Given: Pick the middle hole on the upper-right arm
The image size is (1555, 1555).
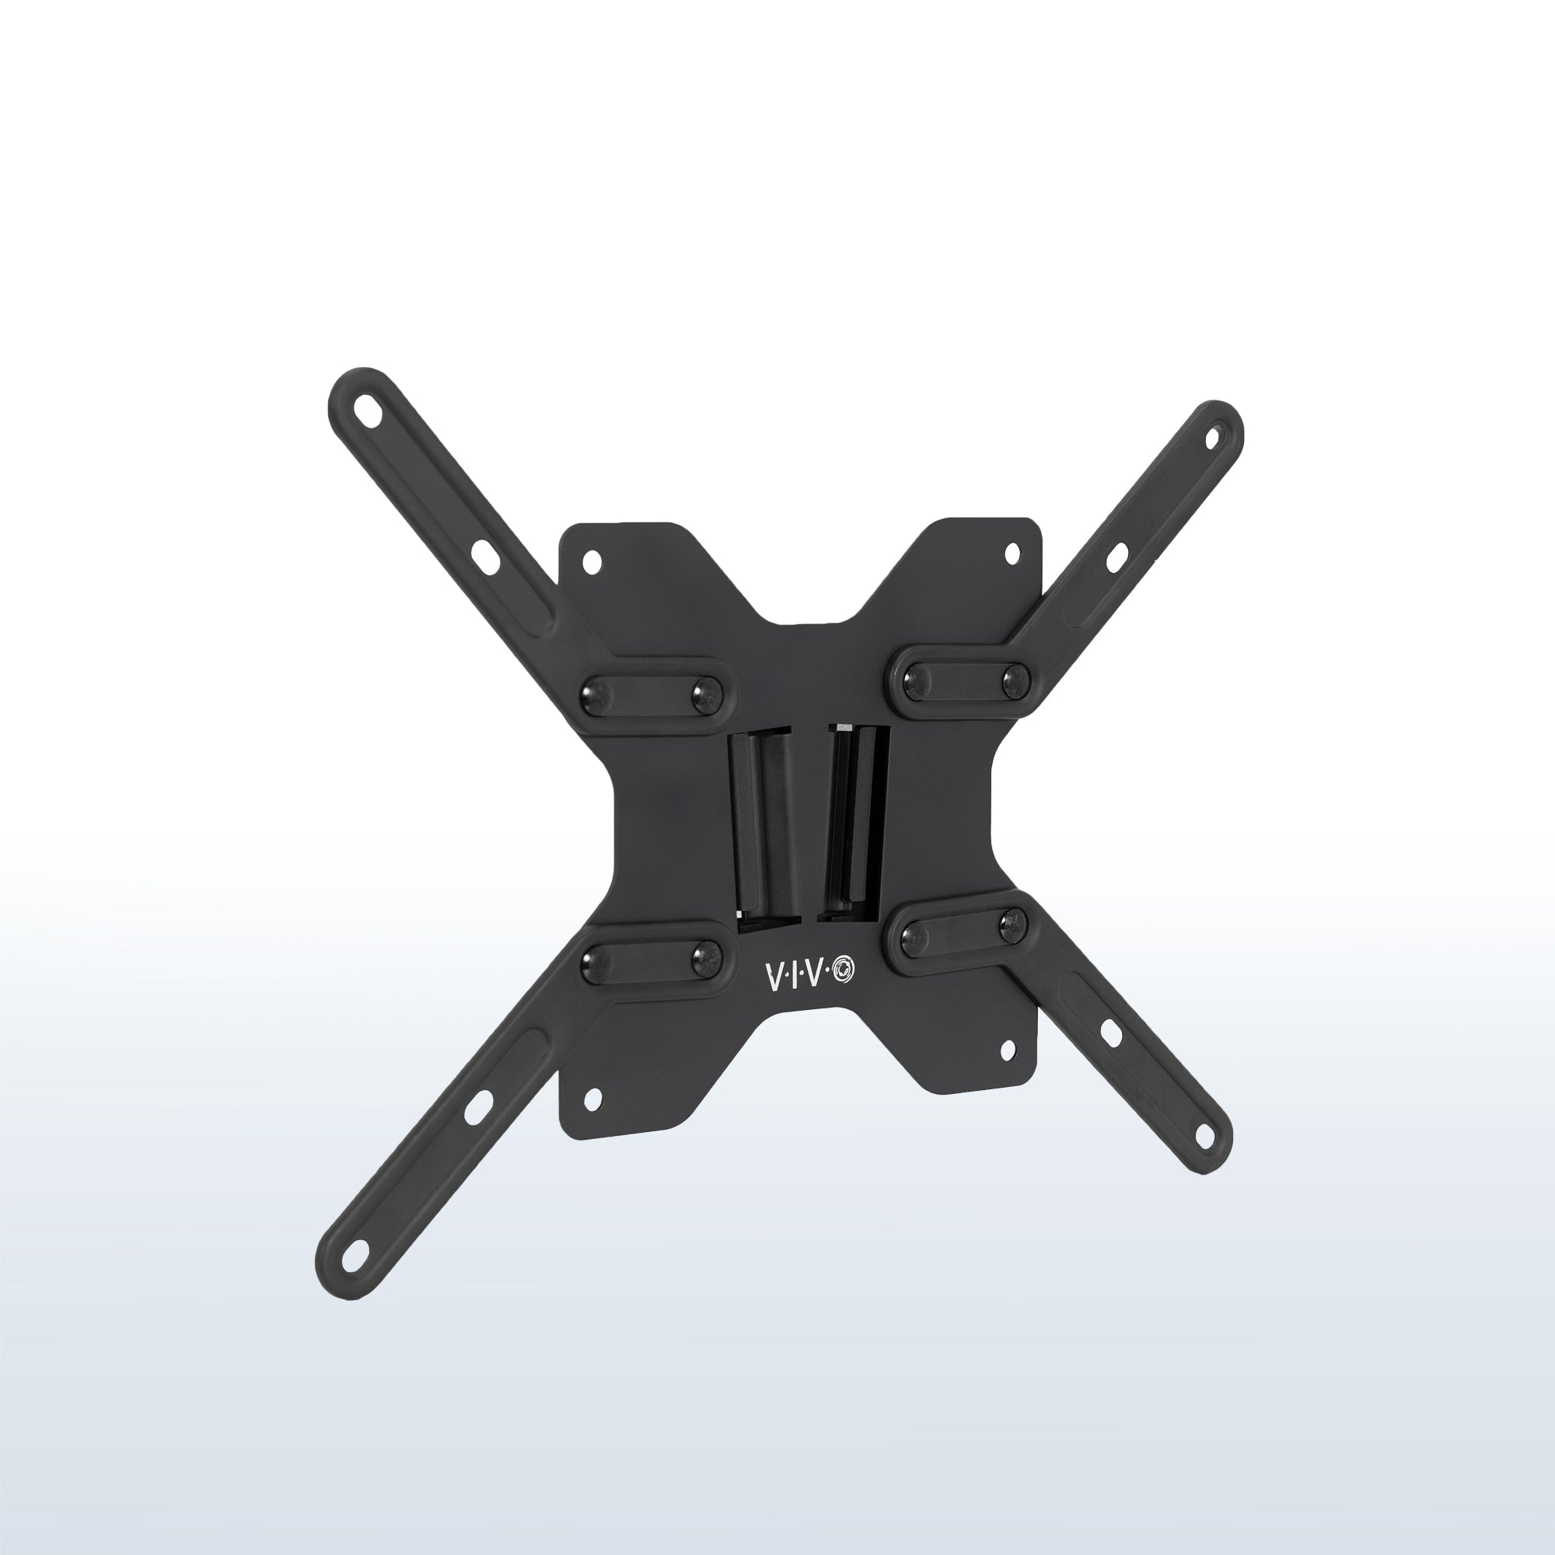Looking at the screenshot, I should coord(1116,557).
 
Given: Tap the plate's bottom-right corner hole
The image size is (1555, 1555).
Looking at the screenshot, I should coord(1007,1049).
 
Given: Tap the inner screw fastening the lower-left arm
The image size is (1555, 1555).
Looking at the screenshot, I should coord(707,956).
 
